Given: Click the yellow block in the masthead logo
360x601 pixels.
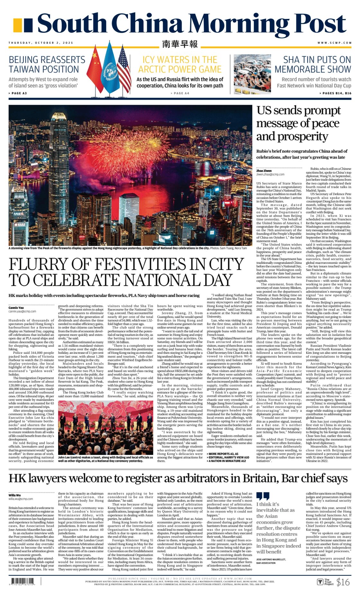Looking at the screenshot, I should pyautogui.click(x=18, y=25).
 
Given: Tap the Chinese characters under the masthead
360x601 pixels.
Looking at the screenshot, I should pyautogui.click(x=180, y=44).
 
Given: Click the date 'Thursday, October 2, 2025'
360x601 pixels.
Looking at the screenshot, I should pyautogui.click(x=41, y=43).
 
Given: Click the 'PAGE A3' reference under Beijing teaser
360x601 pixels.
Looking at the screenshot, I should pyautogui.click(x=18, y=93).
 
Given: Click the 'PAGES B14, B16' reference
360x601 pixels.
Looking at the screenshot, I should pyautogui.click(x=335, y=93).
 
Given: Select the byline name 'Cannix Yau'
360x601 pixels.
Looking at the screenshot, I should pyautogui.click(x=16, y=308).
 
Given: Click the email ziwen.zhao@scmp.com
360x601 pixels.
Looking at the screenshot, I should pyautogui.click(x=270, y=174).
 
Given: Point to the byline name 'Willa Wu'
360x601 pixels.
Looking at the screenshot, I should pyautogui.click(x=15, y=495).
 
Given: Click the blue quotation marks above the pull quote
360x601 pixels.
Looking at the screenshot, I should pyautogui.click(x=263, y=496).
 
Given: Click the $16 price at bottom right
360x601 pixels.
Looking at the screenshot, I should pyautogui.click(x=343, y=582).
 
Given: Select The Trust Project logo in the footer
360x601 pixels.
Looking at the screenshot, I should pyautogui.click(x=325, y=582).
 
